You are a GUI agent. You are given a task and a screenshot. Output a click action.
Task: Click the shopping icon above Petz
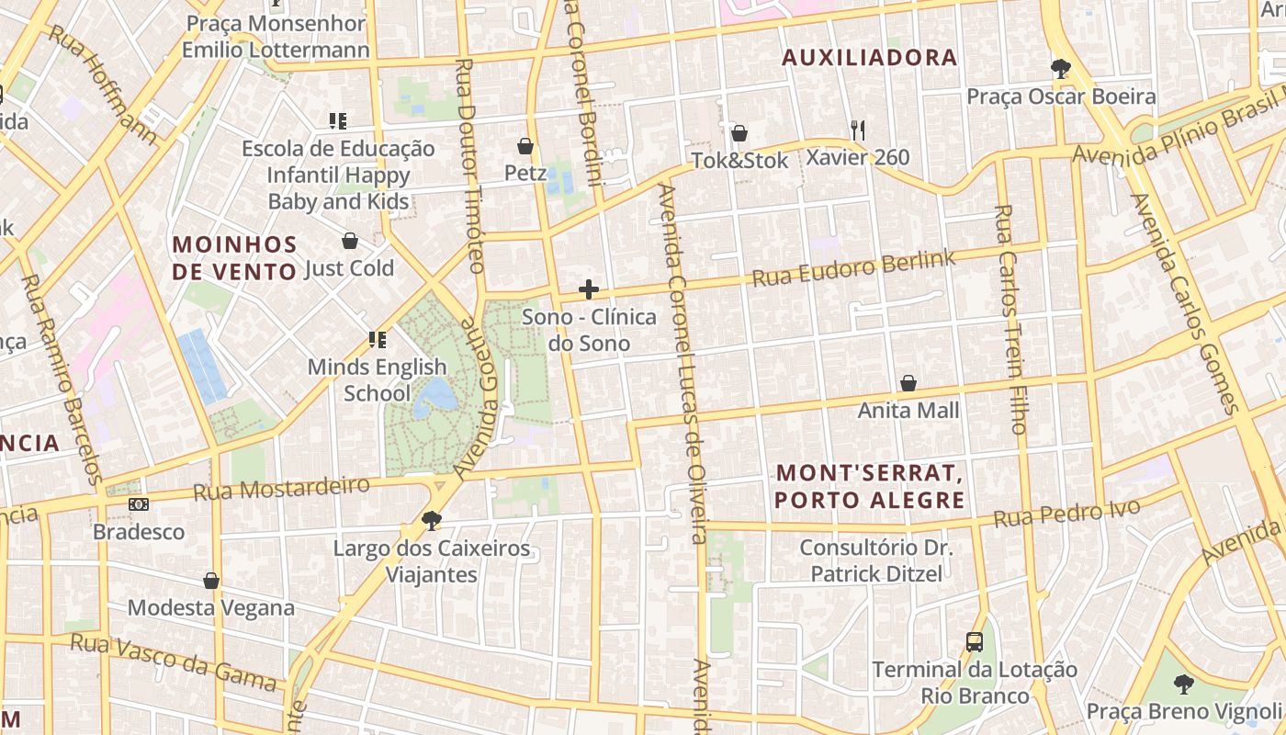point(525,146)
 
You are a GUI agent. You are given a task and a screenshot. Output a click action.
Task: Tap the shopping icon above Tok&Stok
point(739,133)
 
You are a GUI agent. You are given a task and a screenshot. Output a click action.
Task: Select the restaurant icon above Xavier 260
point(857,130)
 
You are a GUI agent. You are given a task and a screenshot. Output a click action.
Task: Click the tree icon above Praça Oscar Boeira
point(1061,69)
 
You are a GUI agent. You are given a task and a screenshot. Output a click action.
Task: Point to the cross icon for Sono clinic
point(589,290)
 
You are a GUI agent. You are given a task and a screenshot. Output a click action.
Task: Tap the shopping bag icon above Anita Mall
point(908,383)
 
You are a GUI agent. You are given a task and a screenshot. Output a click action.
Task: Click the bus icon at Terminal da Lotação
point(975,642)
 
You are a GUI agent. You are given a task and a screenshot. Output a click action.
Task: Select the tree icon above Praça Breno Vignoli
point(1184,684)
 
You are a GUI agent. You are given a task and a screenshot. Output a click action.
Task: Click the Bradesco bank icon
point(139,504)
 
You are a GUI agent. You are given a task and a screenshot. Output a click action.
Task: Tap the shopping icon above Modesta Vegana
point(211,581)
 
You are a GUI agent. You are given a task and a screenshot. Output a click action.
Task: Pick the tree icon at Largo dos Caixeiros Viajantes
point(431,521)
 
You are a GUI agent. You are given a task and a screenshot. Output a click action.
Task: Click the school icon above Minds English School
point(377,340)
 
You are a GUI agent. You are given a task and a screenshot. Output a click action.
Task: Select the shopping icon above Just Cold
point(349,241)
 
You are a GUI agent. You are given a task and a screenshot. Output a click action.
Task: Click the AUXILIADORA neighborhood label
point(869,58)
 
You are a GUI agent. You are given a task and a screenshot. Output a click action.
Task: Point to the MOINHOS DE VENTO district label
point(235,257)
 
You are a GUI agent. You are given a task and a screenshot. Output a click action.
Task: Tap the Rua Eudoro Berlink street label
point(853,267)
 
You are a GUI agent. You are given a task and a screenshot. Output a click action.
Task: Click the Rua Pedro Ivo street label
point(1066,514)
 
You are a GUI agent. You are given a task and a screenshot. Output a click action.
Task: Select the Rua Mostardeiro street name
point(281,488)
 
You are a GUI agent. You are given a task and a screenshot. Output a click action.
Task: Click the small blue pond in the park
point(435,396)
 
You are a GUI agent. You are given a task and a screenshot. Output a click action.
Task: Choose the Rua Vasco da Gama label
point(173,661)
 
